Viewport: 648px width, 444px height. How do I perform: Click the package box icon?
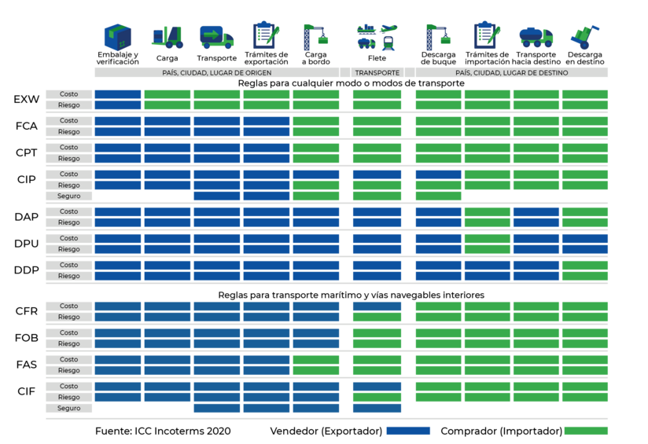(118, 37)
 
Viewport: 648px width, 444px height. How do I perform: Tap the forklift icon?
(168, 37)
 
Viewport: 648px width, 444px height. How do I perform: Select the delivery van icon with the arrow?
(216, 37)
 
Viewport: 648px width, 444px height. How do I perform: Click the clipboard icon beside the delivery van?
(265, 36)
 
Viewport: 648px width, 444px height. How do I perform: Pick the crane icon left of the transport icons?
(315, 37)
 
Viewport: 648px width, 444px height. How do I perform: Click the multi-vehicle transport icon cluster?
(377, 37)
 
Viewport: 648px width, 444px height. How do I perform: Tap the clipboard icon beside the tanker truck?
(487, 36)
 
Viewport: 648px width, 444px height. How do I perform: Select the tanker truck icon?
(536, 37)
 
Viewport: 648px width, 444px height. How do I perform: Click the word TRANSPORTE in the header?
(377, 73)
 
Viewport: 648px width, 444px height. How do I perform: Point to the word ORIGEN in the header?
(256, 73)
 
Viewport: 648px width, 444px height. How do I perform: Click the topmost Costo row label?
(69, 94)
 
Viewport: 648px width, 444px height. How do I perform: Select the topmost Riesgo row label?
(69, 105)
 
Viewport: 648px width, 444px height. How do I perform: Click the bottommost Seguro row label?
(69, 409)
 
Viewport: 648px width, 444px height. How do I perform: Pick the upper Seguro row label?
(69, 196)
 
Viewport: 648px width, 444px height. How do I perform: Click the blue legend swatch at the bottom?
(408, 431)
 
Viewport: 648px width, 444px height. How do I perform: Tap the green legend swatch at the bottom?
(586, 431)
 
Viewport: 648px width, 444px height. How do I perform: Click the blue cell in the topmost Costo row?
(118, 94)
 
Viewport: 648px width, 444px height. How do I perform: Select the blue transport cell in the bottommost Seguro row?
(377, 409)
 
